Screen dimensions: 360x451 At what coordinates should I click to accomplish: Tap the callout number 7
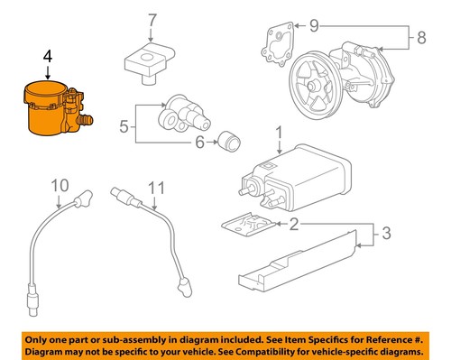tap(152, 19)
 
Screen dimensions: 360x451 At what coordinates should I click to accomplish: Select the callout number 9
tap(314, 23)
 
